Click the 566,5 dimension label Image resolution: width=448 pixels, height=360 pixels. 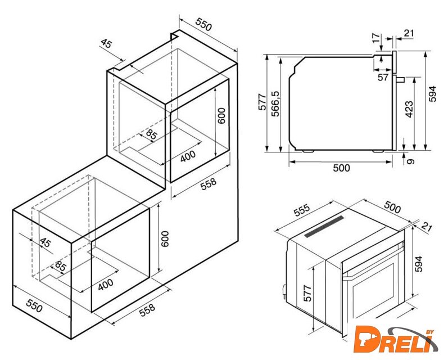click(276, 104)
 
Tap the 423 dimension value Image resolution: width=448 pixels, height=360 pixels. click(409, 109)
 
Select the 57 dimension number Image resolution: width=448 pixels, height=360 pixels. click(383, 77)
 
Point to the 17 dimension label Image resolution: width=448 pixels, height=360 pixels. click(376, 38)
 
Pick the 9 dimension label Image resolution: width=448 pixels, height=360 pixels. click(410, 161)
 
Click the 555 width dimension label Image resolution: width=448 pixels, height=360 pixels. click(302, 210)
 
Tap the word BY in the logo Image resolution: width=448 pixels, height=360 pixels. click(429, 332)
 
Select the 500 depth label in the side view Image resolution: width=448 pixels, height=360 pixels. click(341, 168)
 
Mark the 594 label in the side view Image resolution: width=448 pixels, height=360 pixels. click(433, 93)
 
